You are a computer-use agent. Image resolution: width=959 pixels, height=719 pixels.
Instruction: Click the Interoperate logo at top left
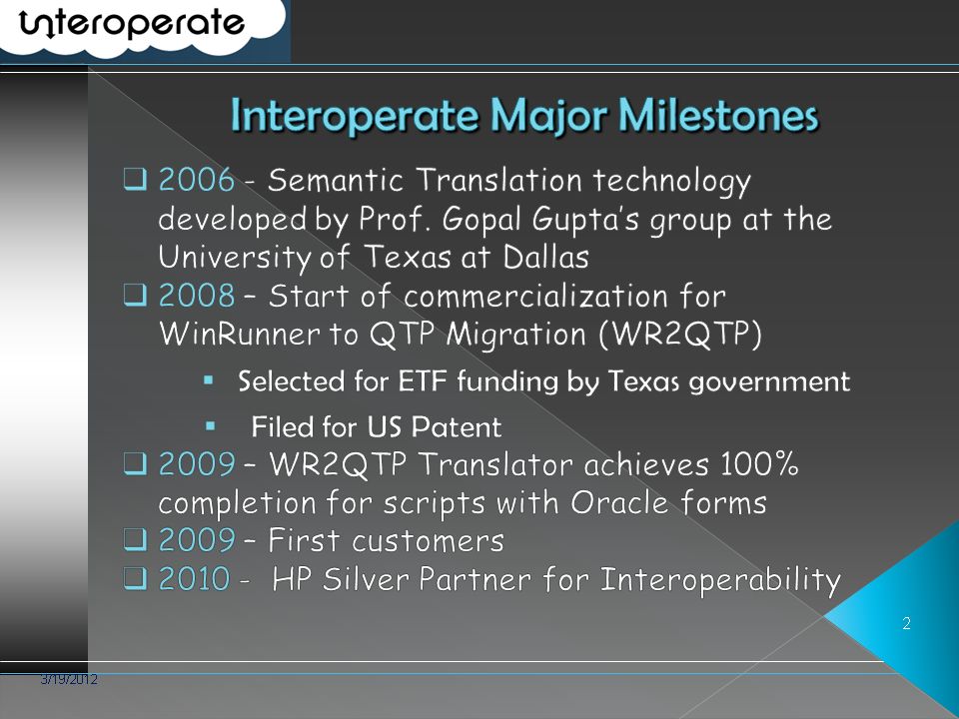point(132,24)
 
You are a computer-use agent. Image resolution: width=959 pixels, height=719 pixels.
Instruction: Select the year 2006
point(197,180)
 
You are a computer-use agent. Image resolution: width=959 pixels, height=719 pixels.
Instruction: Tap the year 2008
point(197,296)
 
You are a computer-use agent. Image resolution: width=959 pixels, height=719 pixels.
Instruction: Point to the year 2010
point(195,578)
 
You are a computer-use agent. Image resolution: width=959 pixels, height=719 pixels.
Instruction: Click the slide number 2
point(906,623)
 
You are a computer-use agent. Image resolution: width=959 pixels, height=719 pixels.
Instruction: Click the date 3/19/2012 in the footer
point(69,679)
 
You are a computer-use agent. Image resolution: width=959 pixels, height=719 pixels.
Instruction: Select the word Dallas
point(546,257)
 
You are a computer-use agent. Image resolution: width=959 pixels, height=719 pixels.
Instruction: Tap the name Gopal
point(482,220)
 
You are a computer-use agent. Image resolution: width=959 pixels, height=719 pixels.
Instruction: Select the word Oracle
point(619,502)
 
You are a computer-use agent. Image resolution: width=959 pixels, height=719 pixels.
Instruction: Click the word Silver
point(366,578)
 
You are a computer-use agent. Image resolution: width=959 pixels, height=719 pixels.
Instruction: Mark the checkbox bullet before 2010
point(135,578)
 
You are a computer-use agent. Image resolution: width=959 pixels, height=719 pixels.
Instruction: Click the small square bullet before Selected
point(209,380)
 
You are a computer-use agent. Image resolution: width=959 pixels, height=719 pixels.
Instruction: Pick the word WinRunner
point(239,334)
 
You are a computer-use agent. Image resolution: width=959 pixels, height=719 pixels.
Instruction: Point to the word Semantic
point(336,180)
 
